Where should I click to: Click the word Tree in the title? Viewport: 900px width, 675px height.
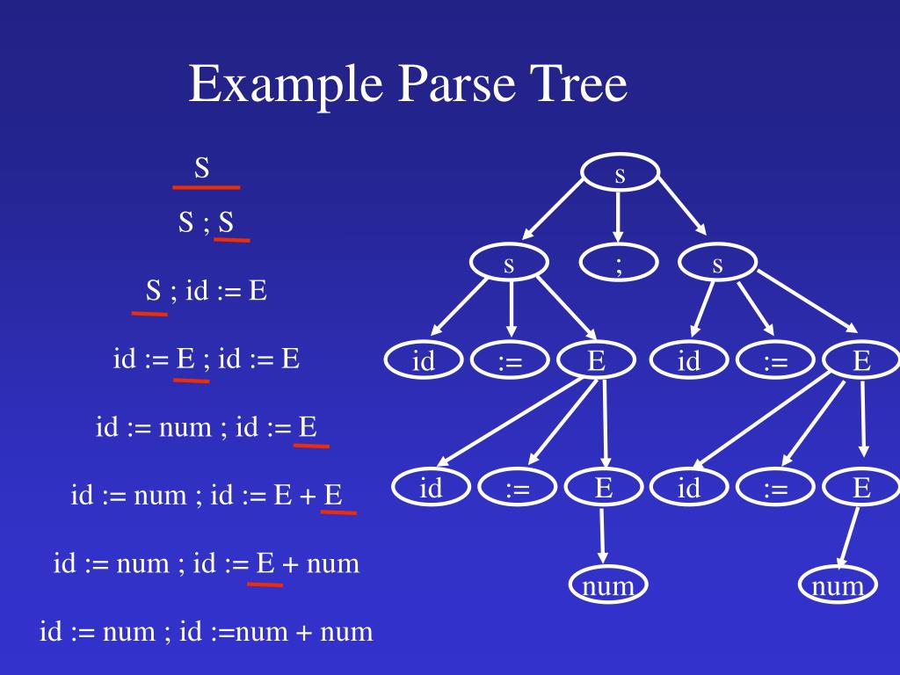pos(578,85)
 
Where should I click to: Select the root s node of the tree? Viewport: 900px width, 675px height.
pos(620,173)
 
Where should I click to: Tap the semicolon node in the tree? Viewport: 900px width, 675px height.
pos(619,263)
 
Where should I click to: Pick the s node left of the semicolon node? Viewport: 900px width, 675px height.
pos(509,263)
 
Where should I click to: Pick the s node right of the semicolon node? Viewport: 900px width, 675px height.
pos(717,263)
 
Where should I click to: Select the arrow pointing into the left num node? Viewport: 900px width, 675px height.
pos(602,536)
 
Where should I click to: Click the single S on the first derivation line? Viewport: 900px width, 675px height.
pos(202,168)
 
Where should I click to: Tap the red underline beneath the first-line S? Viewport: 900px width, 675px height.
pos(206,187)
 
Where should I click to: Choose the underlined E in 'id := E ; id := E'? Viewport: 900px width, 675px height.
pos(185,359)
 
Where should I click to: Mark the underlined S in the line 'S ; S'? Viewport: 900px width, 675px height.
pos(227,222)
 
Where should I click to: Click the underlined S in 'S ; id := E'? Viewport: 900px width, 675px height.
pos(154,290)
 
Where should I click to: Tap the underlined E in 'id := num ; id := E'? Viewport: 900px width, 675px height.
pos(308,427)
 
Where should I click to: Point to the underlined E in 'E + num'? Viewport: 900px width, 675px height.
pos(265,562)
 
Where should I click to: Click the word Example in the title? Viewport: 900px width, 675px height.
pos(286,85)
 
